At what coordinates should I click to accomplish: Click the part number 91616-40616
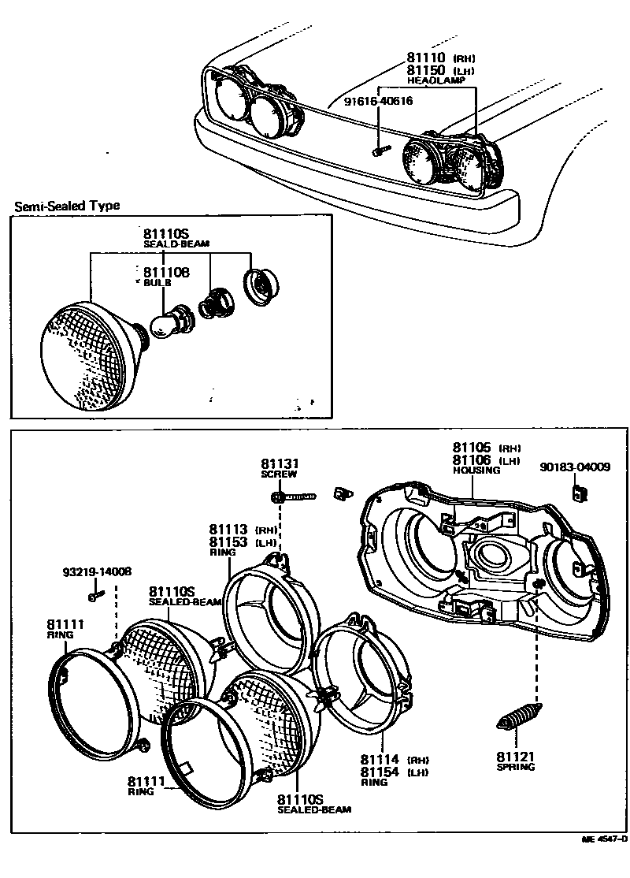(378, 101)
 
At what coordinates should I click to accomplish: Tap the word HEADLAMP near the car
(430, 80)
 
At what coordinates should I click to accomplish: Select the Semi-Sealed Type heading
(67, 206)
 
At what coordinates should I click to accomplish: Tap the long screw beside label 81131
(296, 497)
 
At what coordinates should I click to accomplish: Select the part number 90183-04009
(575, 467)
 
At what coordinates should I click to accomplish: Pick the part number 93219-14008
(98, 572)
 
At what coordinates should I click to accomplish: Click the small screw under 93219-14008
(95, 596)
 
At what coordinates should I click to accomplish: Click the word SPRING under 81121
(516, 767)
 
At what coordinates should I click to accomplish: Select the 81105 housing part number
(471, 447)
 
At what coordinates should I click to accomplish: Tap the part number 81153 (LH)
(228, 541)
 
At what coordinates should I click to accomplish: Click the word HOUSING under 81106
(476, 470)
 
